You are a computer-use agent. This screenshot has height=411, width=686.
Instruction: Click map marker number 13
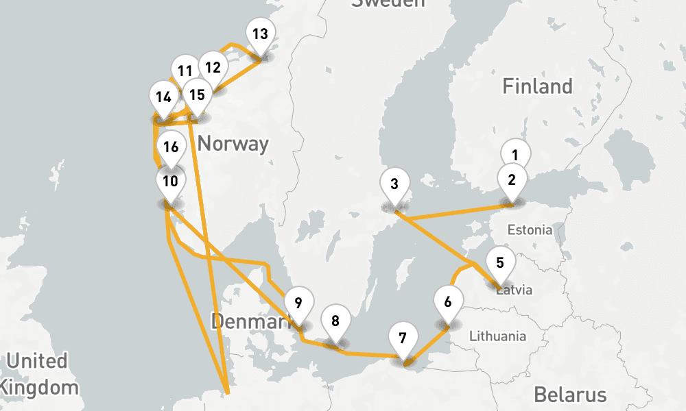tap(259, 34)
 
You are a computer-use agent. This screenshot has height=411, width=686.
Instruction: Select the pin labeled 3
tap(394, 184)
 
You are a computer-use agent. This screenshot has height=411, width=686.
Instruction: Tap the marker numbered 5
tap(499, 263)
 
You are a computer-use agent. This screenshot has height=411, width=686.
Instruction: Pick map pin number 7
tap(403, 338)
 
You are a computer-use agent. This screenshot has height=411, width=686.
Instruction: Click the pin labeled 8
tap(335, 321)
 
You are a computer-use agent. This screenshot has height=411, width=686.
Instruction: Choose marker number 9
tap(298, 303)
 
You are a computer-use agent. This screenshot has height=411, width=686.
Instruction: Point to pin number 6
tap(448, 302)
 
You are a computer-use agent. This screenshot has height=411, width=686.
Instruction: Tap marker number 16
tap(171, 147)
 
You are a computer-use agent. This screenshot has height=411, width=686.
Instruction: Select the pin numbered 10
tap(171, 182)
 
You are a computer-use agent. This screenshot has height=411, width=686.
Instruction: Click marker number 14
tap(163, 97)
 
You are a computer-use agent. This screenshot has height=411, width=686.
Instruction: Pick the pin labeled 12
tap(213, 68)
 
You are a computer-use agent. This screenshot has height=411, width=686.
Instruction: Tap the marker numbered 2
tap(511, 181)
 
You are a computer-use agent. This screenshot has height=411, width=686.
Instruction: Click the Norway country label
tap(233, 145)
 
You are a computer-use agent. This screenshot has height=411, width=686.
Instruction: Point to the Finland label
tap(537, 87)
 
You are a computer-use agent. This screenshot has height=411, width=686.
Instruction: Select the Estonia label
tap(530, 230)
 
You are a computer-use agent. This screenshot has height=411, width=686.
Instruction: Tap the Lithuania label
tap(497, 336)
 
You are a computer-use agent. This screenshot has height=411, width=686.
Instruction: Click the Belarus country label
tap(570, 395)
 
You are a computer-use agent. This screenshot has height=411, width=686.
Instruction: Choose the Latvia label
tap(514, 290)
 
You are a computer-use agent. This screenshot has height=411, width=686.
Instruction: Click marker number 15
tap(197, 95)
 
